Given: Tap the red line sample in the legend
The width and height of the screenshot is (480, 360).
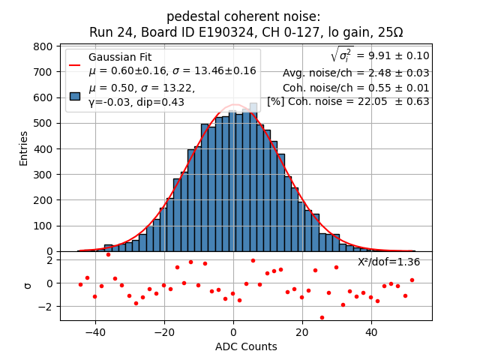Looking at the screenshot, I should (75, 64).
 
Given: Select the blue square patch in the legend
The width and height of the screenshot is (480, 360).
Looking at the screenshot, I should (75, 96).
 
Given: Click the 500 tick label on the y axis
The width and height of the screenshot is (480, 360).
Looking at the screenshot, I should (44, 123).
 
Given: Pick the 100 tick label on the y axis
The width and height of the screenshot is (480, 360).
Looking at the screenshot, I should (44, 226).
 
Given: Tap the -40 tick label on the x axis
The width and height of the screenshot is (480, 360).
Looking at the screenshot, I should (93, 332).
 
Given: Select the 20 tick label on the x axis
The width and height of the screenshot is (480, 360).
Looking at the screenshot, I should (301, 332).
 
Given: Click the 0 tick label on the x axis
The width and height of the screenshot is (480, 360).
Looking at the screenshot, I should (233, 332).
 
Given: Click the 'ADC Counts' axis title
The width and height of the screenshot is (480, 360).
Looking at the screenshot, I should (246, 346).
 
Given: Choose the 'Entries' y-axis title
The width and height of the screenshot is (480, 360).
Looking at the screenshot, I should (23, 148).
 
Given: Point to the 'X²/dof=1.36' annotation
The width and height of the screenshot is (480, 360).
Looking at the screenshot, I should (388, 262).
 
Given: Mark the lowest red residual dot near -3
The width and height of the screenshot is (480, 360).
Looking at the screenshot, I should (322, 317).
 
